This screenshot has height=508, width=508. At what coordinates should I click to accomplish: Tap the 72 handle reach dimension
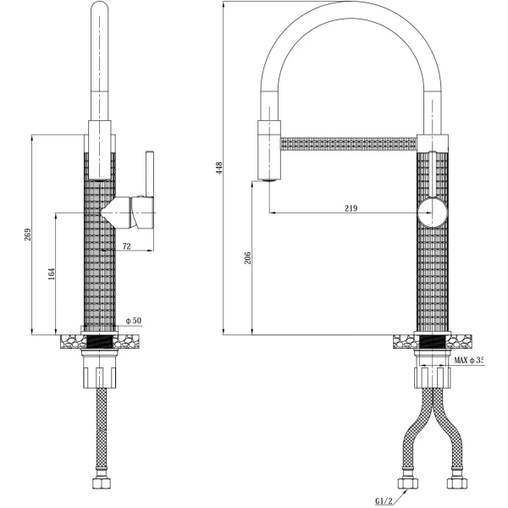click(x=127, y=246)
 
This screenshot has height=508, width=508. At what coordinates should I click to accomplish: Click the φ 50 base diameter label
click(x=133, y=321)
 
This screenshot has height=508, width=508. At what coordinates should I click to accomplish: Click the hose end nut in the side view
click(x=99, y=488)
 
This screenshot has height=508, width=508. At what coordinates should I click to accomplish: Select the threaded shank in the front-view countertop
click(x=433, y=343)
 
